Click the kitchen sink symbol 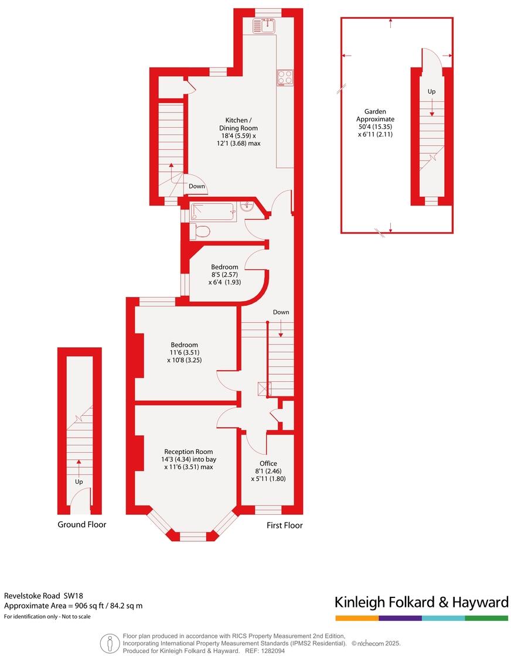click(x=265, y=26)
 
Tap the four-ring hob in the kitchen click(x=285, y=77)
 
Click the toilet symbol click(x=200, y=231)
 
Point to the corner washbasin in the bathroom click(x=247, y=207)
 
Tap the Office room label click(x=268, y=463)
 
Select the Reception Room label click(x=188, y=452)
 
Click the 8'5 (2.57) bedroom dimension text click(x=224, y=274)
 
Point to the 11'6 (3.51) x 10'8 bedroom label click(x=184, y=352)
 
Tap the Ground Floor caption click(x=82, y=524)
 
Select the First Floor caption click(x=285, y=525)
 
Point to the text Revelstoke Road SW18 click(x=44, y=596)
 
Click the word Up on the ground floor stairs click(x=79, y=481)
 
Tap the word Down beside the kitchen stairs click(x=197, y=186)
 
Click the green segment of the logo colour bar click(x=486, y=618)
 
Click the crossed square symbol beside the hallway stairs click(x=261, y=388)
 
